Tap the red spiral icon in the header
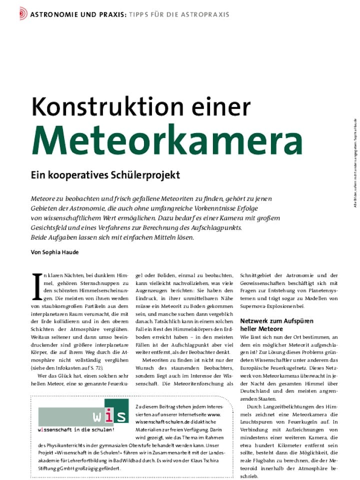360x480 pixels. click(23, 14)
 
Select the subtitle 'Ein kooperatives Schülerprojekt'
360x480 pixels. click(105, 175)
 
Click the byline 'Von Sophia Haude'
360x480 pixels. click(54, 252)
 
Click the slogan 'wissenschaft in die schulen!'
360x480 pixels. click(76, 429)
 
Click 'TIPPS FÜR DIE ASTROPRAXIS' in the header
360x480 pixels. click(179, 14)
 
